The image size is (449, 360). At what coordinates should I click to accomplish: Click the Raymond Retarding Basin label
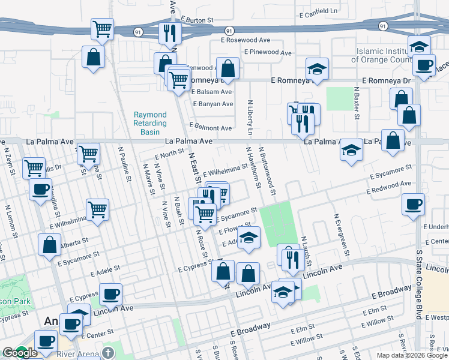pyautogui.click(x=150, y=122)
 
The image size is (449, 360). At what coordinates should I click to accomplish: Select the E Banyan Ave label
pyautogui.click(x=212, y=104)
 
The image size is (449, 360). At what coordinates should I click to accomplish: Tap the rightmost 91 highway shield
pyautogui.click(x=382, y=26)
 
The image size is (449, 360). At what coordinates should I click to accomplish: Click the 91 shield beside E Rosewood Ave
pyautogui.click(x=229, y=30)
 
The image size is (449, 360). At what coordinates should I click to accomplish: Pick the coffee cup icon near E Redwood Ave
pyautogui.click(x=414, y=204)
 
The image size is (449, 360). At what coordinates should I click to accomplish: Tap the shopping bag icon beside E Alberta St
pyautogui.click(x=49, y=244)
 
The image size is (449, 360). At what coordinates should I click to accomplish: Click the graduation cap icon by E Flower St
pyautogui.click(x=248, y=238)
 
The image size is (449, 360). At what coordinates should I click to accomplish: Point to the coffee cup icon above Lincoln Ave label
pyautogui.click(x=110, y=293)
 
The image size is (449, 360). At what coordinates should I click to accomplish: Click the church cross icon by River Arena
pyautogui.click(x=107, y=353)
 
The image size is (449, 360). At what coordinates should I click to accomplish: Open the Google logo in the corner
pyautogui.click(x=20, y=353)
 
